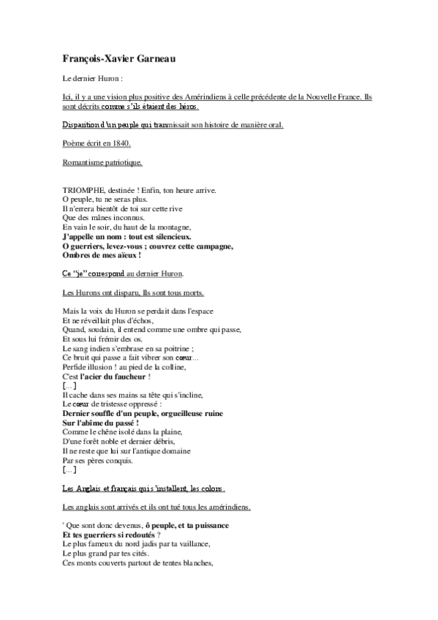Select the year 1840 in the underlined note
(120, 144)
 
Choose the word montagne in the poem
(174, 227)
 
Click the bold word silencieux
(164, 237)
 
